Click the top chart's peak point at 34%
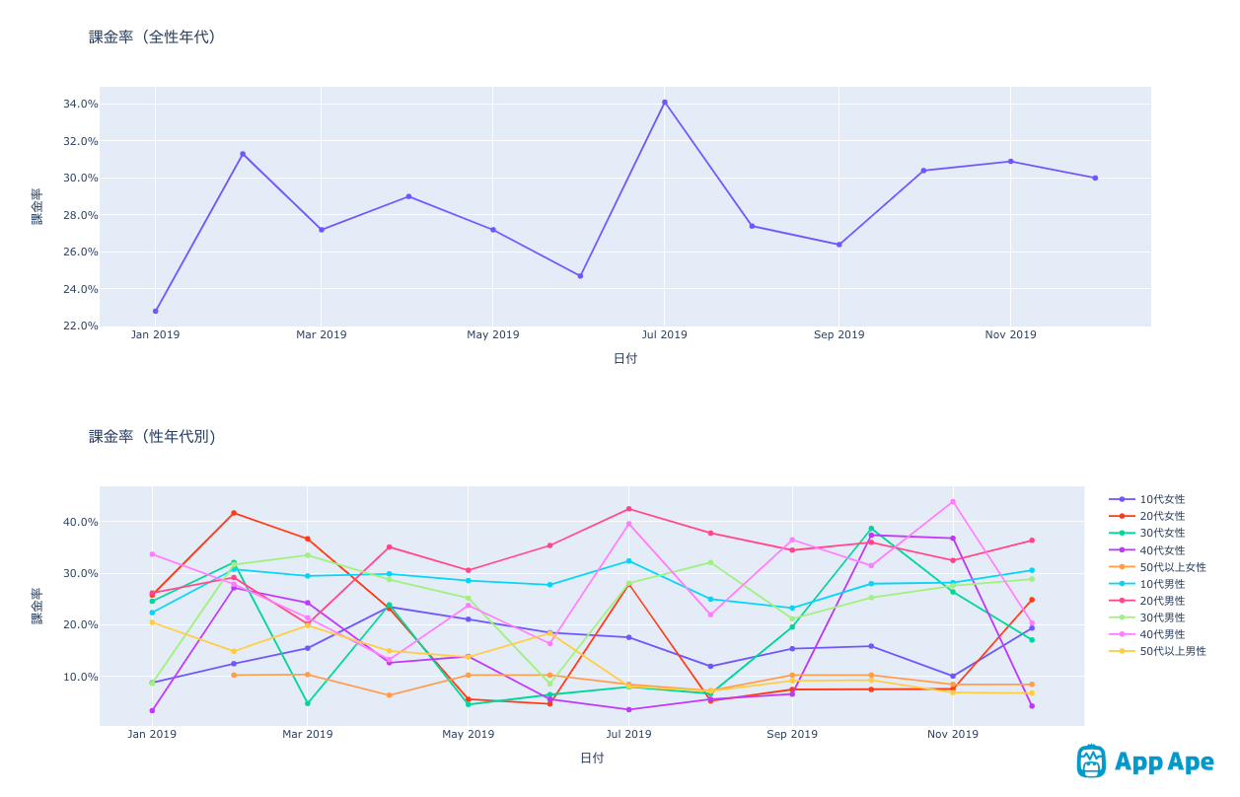pyautogui.click(x=665, y=102)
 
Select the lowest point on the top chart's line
pyautogui.click(x=156, y=311)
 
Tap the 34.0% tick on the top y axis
pyautogui.click(x=80, y=105)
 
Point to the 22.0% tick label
pyautogui.click(x=80, y=326)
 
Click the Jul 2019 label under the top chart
pyautogui.click(x=664, y=335)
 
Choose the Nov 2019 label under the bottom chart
pyautogui.click(x=953, y=735)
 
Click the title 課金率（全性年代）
pyautogui.click(x=153, y=37)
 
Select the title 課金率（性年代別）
pyautogui.click(x=153, y=437)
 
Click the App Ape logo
pyautogui.click(x=1144, y=761)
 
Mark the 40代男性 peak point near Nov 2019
pyautogui.click(x=953, y=501)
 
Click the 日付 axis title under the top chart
pyautogui.click(x=625, y=359)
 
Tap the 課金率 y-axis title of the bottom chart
pyautogui.click(x=37, y=606)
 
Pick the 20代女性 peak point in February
pyautogui.click(x=234, y=513)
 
